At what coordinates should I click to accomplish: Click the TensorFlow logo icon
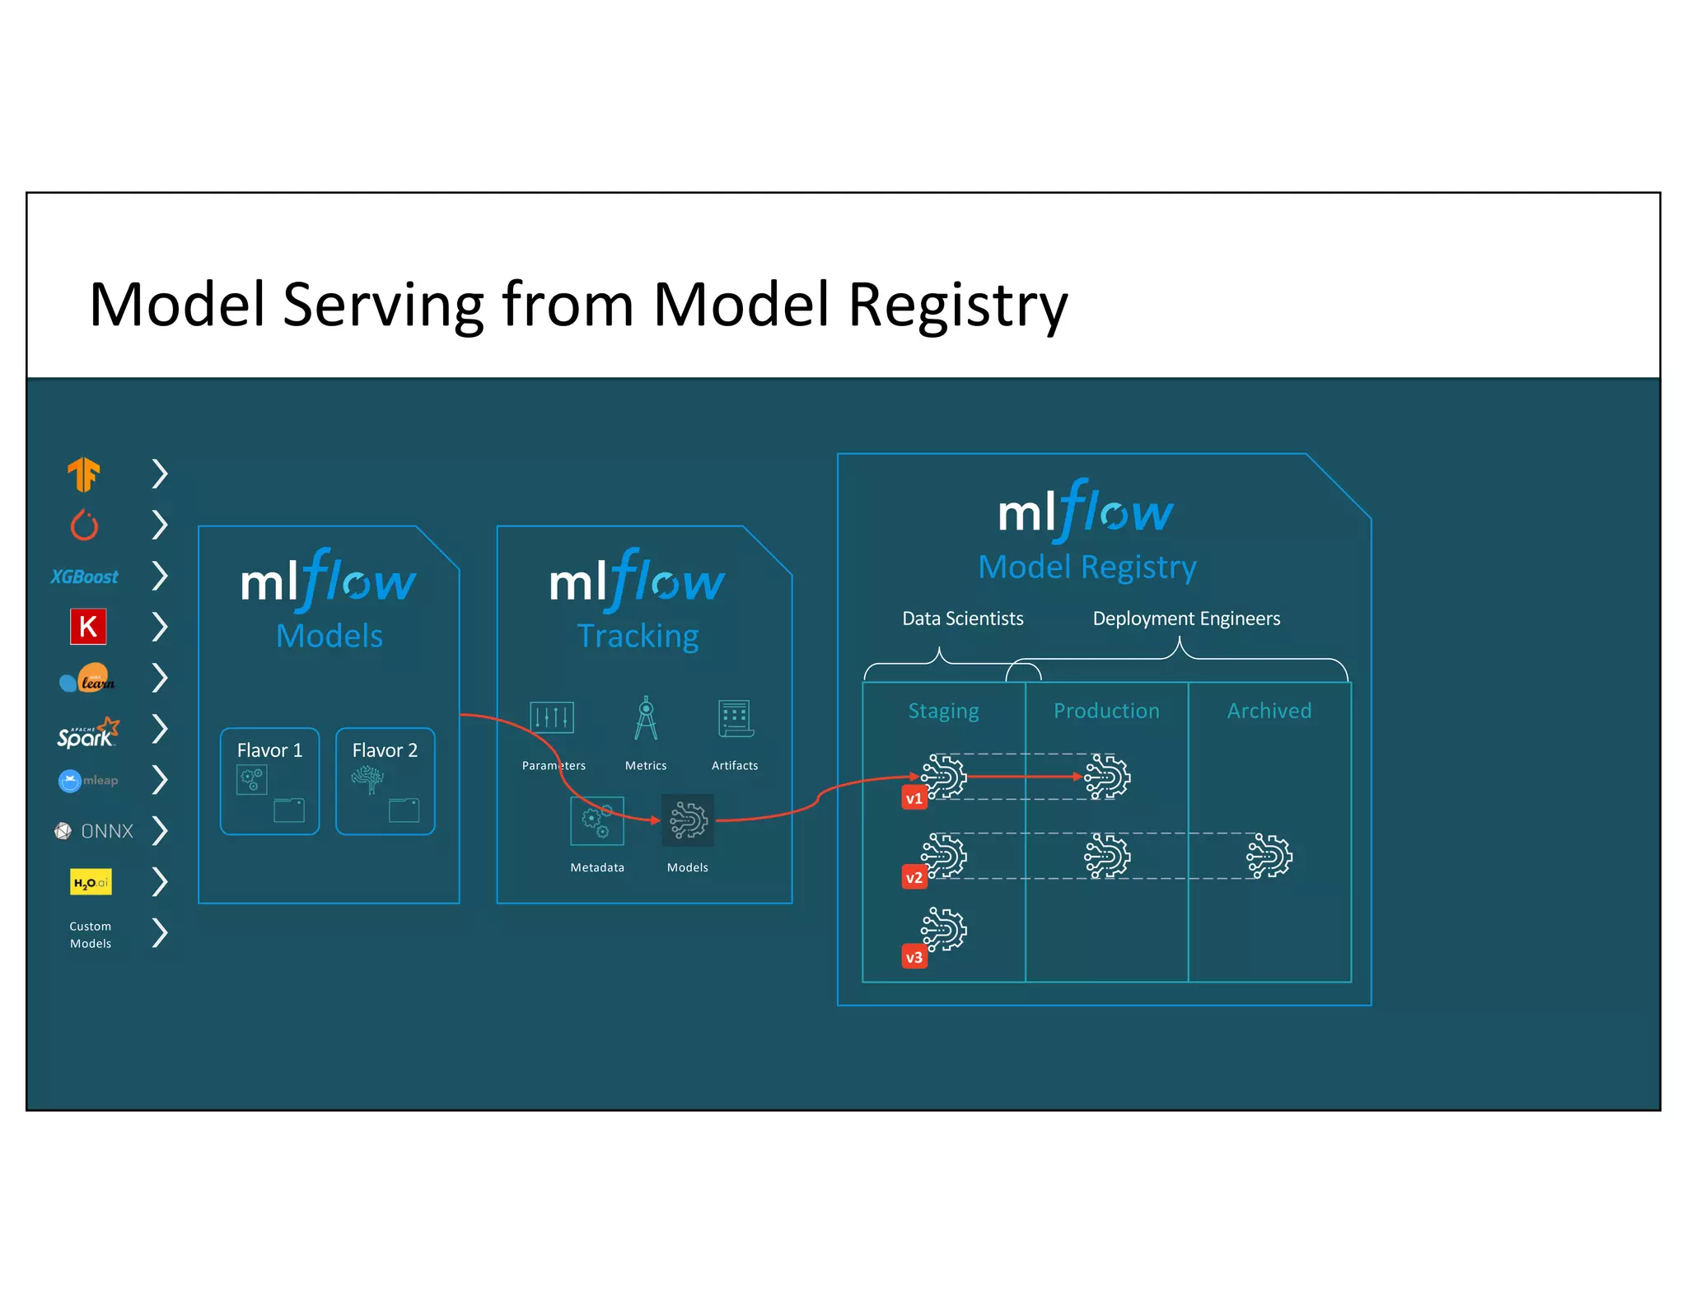(x=83, y=474)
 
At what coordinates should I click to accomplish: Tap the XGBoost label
(x=84, y=577)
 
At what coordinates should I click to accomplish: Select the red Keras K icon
(x=88, y=627)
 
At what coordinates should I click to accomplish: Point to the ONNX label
(x=106, y=831)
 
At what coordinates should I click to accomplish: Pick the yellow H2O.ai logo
(x=91, y=882)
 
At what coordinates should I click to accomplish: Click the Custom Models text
(x=91, y=935)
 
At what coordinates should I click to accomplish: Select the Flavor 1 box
(x=269, y=781)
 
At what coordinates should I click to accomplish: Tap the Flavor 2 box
(x=385, y=781)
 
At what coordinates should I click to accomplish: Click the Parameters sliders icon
(x=551, y=717)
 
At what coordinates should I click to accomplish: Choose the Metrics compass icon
(x=646, y=718)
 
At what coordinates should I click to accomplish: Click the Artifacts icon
(x=735, y=718)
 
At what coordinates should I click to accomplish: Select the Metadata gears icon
(x=597, y=820)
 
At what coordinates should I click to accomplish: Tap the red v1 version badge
(x=914, y=798)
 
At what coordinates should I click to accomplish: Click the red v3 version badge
(x=914, y=957)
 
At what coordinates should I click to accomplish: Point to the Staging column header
(x=943, y=711)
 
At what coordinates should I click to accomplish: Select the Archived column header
(x=1269, y=711)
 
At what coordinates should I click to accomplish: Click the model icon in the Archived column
(x=1269, y=857)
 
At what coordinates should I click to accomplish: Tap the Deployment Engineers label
(x=1186, y=619)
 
